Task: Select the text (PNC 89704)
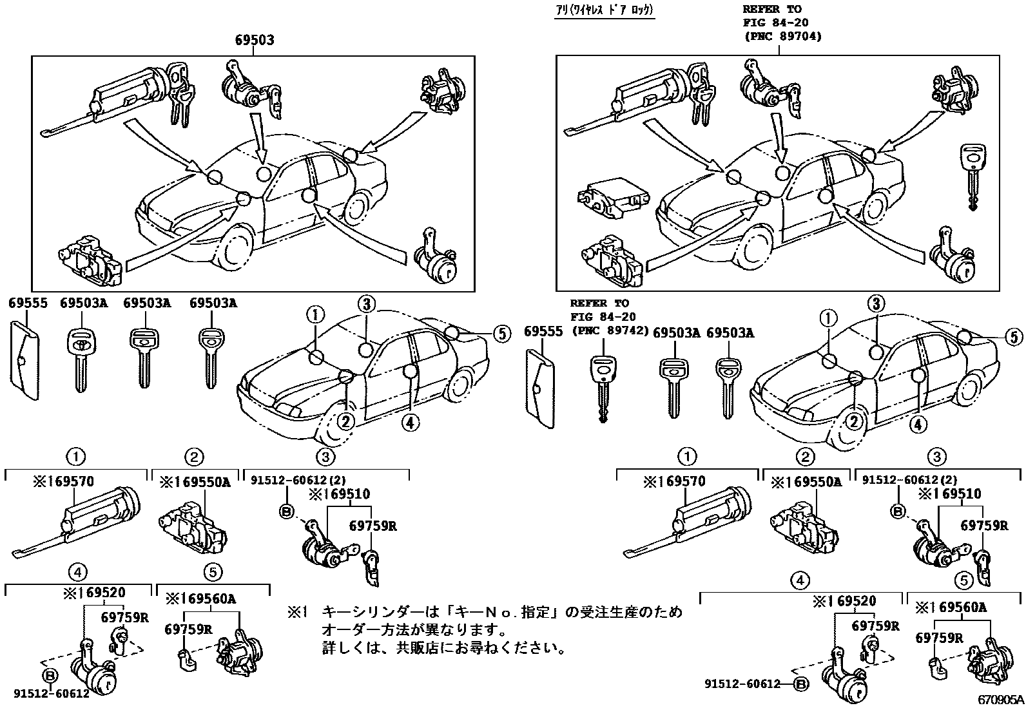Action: point(782,37)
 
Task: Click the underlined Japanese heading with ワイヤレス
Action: point(605,10)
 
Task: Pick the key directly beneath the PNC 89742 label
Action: point(602,389)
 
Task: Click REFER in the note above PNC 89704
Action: point(762,9)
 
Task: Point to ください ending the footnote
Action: point(540,647)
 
